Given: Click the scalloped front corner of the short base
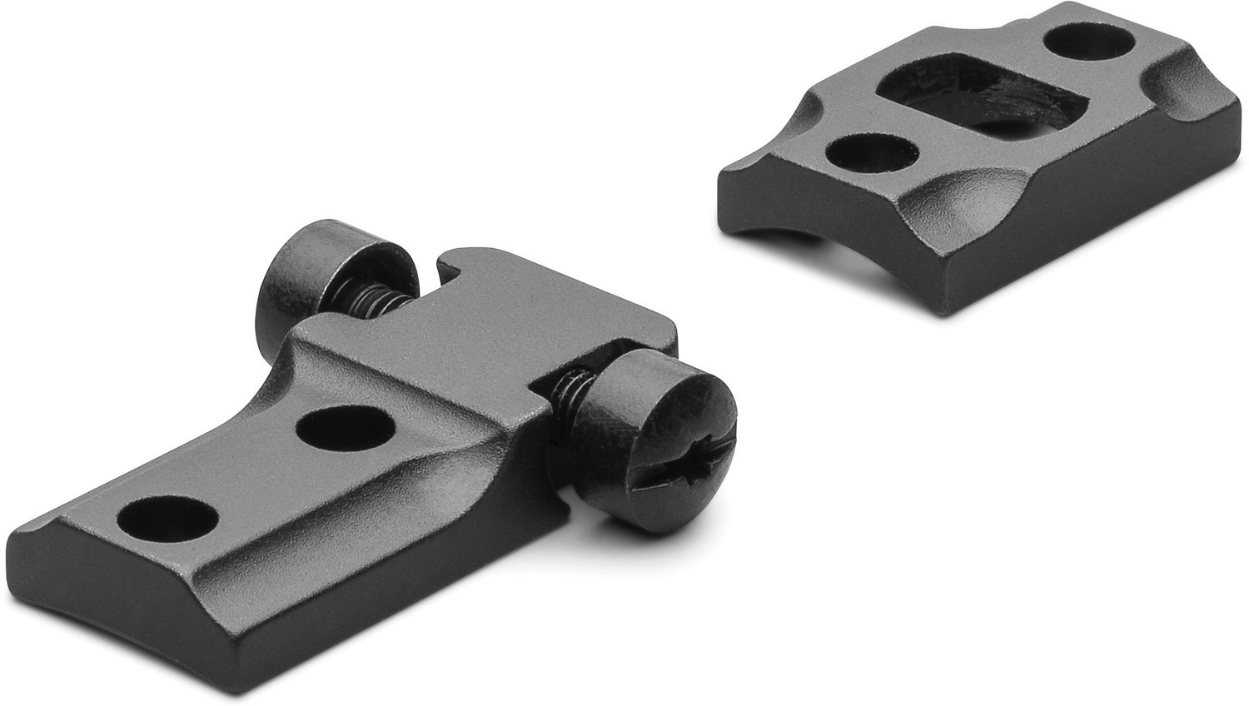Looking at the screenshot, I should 958,200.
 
